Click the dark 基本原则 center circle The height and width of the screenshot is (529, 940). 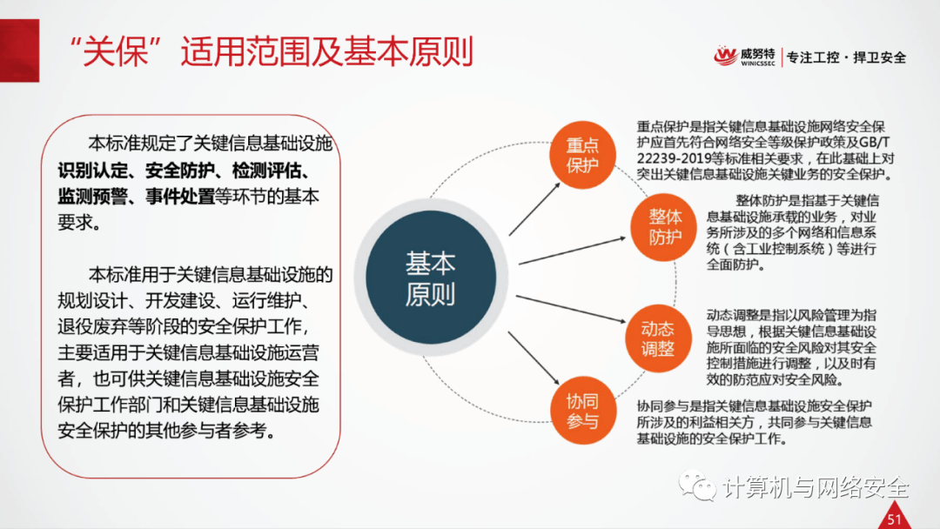point(431,278)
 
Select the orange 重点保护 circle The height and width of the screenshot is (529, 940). point(582,155)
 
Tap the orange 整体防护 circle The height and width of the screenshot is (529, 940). point(663,227)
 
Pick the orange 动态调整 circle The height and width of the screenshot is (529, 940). point(658,338)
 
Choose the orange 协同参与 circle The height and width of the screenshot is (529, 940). point(582,411)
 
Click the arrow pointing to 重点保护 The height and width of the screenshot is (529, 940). point(534,209)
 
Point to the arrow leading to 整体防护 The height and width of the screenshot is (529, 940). point(572,251)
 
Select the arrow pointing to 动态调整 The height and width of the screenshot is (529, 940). point(571,309)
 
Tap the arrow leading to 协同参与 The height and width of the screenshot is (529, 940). point(534,358)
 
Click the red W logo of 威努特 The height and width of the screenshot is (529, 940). point(725,57)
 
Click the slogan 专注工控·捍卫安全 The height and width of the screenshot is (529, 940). point(847,57)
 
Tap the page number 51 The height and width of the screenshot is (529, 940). point(895,519)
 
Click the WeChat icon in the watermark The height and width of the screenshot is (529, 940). point(697,485)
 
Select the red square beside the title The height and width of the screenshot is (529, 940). point(19,50)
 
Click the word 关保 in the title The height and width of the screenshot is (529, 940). point(116,51)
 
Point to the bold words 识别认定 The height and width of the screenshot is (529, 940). point(93,171)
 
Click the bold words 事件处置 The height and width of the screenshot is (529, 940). point(180,197)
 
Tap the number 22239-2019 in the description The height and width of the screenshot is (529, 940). point(674,158)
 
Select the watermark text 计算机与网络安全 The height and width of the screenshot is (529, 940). point(816,487)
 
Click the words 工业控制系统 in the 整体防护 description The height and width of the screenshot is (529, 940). point(782,249)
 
